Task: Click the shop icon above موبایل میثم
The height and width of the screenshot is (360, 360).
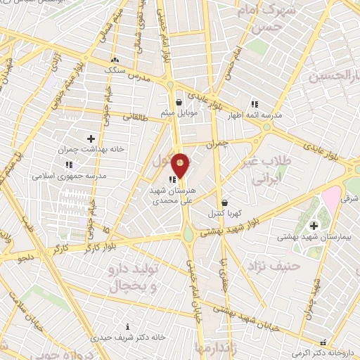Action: [180, 101]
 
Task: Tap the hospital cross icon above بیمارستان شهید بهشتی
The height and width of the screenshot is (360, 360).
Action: [314, 225]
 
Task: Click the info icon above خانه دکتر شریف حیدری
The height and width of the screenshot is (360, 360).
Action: [127, 326]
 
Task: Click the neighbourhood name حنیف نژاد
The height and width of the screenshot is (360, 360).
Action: [268, 266]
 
